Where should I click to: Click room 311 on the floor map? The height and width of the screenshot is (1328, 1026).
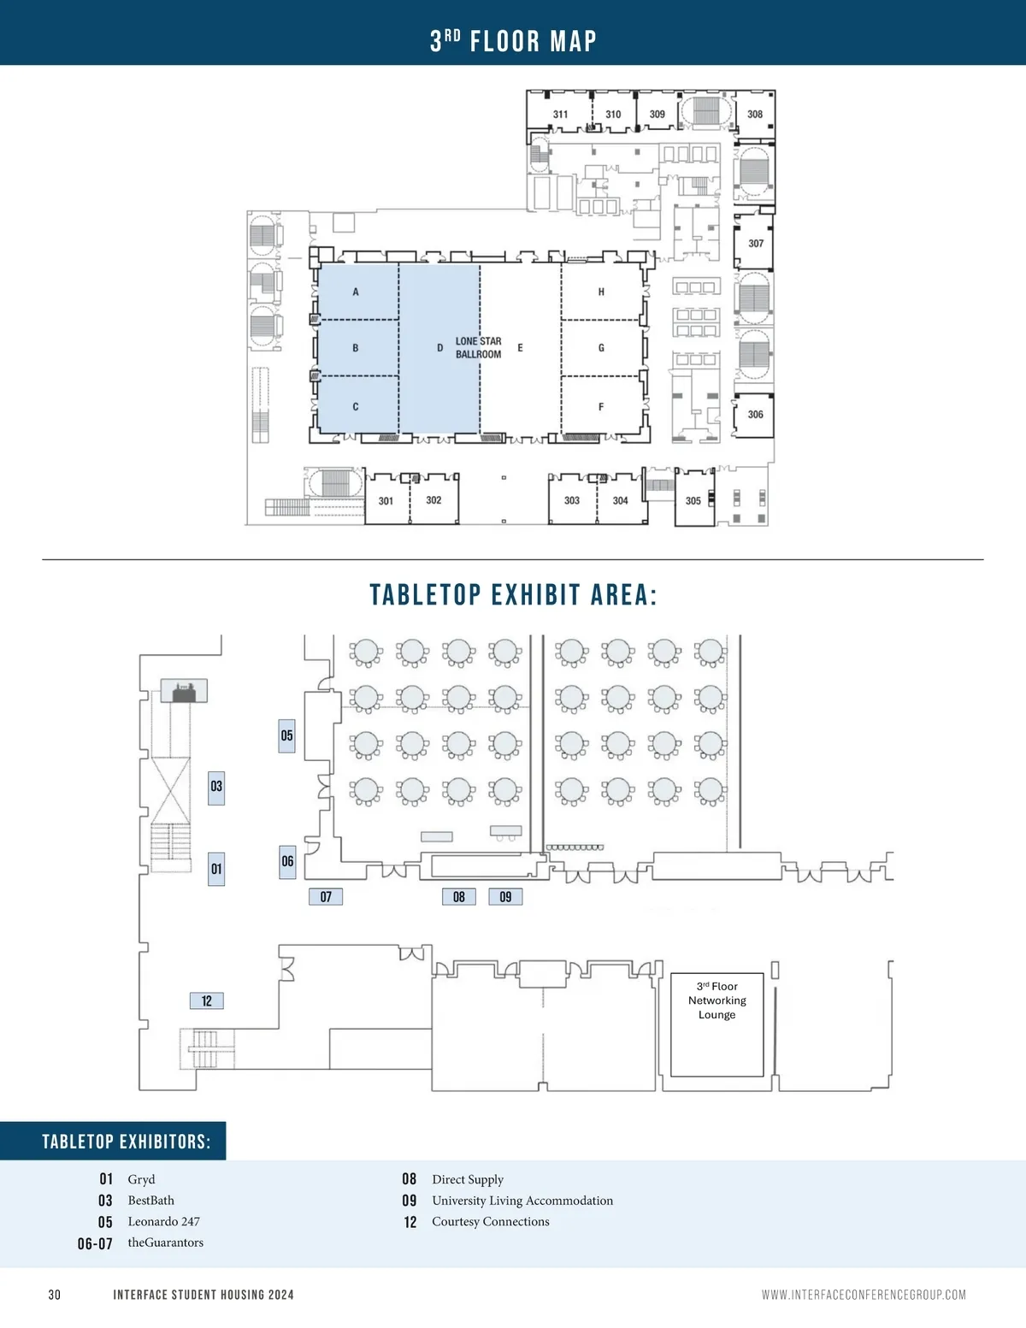click(x=560, y=115)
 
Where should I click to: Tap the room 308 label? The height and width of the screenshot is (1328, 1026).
click(x=755, y=115)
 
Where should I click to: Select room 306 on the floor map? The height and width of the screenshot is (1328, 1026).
click(x=755, y=415)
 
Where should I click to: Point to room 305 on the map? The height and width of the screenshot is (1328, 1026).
click(x=693, y=501)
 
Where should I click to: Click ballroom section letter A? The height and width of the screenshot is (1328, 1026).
click(x=356, y=292)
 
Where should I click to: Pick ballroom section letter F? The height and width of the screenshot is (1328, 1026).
click(x=601, y=407)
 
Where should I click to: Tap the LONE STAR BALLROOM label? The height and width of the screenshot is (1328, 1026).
click(x=478, y=348)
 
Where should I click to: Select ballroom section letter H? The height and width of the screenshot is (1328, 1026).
click(x=601, y=292)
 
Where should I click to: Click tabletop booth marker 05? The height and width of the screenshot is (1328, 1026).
click(x=286, y=735)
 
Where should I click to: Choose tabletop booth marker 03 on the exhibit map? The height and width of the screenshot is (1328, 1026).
click(x=216, y=787)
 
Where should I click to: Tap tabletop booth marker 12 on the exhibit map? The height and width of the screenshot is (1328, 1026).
click(x=207, y=1001)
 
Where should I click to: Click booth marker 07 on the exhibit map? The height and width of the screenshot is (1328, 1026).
click(x=326, y=897)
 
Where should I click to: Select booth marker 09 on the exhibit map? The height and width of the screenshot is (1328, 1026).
click(x=505, y=897)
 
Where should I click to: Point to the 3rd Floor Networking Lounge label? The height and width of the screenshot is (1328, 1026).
click(x=716, y=1000)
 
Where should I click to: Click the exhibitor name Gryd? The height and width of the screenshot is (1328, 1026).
click(x=141, y=1180)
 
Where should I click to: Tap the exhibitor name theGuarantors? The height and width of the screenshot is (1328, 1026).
click(x=166, y=1242)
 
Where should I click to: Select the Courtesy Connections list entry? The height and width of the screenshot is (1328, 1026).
click(x=490, y=1222)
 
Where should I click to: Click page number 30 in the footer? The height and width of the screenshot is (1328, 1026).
click(x=55, y=1296)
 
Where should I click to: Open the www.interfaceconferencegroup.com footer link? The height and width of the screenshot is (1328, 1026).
click(x=864, y=1296)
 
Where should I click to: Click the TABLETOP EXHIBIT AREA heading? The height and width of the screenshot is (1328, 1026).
click(x=513, y=595)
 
